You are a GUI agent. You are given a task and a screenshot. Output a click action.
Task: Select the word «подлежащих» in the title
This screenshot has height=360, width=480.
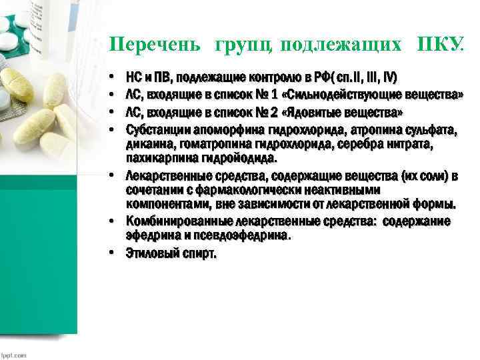(341, 45)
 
